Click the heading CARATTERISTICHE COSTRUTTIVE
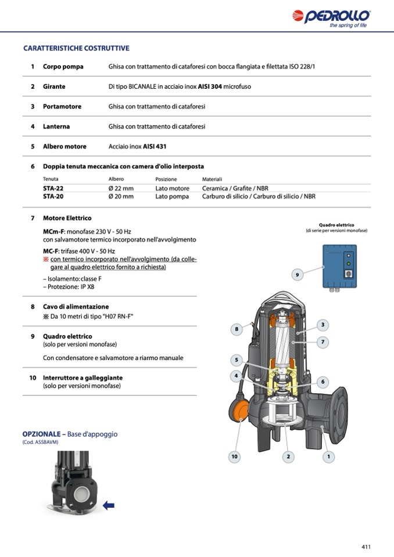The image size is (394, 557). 76,48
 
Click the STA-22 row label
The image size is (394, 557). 53,189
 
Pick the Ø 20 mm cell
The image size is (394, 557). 121,196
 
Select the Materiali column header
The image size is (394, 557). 212,179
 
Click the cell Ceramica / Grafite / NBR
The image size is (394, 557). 235,189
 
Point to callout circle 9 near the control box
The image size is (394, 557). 297,274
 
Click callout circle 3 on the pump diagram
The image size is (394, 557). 323,325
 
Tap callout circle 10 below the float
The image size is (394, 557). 234,457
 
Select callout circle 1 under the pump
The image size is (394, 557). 328,457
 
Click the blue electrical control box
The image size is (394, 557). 339,266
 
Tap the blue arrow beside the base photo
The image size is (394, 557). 108,505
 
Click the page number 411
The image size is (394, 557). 366,547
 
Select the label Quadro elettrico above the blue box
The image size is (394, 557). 336,225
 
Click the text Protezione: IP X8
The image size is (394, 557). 69,287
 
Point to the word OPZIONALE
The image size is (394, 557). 41,434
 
